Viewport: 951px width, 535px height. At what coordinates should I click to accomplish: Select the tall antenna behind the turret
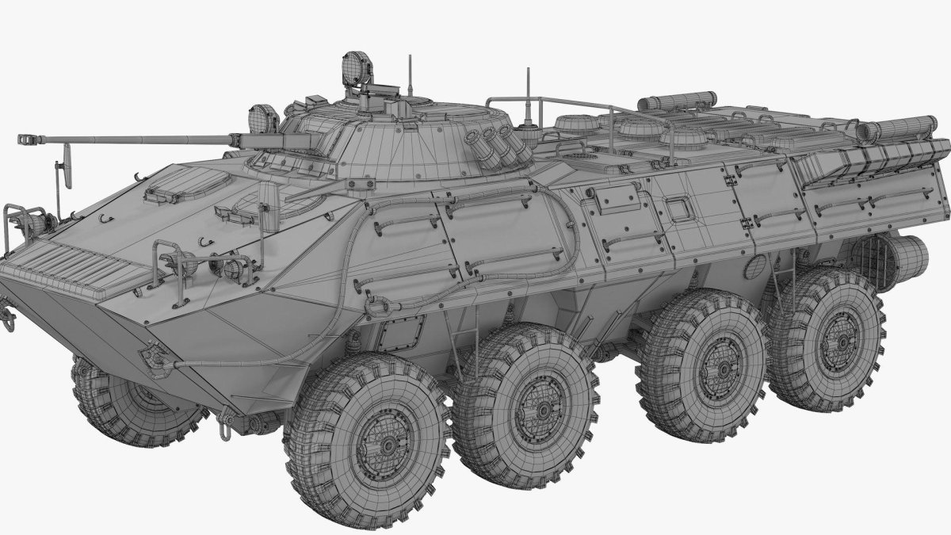click(x=527, y=95)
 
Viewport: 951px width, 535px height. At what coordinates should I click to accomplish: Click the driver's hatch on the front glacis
click(x=176, y=189)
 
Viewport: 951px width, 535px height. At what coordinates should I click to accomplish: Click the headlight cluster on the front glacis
click(x=230, y=268)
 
